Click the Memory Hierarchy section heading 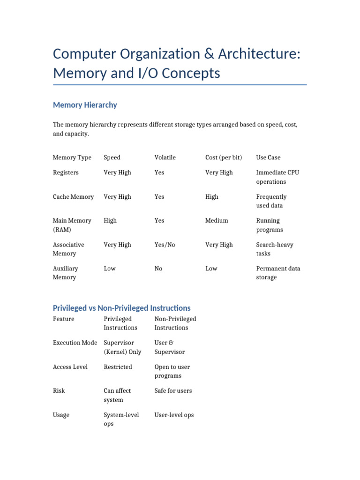85,105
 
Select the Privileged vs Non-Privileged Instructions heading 122,308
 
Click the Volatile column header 165,157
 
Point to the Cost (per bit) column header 224,157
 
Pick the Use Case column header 268,157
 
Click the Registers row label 66,172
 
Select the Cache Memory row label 73,197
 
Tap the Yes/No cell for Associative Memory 165,245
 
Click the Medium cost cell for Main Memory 217,220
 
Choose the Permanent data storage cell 278,273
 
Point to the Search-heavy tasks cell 275,249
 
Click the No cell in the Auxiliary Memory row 158,269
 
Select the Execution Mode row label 75,343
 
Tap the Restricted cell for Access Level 118,367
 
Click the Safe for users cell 173,390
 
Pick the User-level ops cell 174,415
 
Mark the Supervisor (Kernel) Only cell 122,347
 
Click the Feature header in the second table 64,319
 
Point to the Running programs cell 270,225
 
